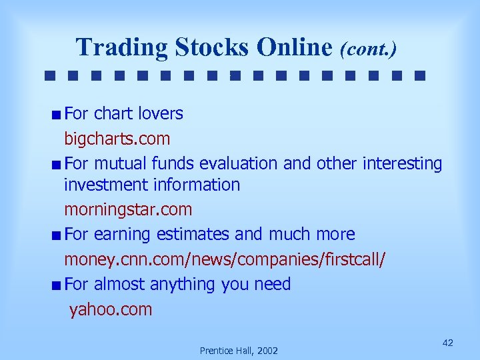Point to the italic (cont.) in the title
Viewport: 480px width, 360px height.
(368, 49)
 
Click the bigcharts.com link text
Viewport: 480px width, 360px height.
(117, 139)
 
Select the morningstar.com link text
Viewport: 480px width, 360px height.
(128, 209)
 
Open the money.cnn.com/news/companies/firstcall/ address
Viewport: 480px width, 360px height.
(224, 259)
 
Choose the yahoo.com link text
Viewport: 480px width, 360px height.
(111, 309)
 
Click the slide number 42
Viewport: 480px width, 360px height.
(448, 342)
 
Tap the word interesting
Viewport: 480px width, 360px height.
(403, 164)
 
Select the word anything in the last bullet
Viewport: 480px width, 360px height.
(183, 285)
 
